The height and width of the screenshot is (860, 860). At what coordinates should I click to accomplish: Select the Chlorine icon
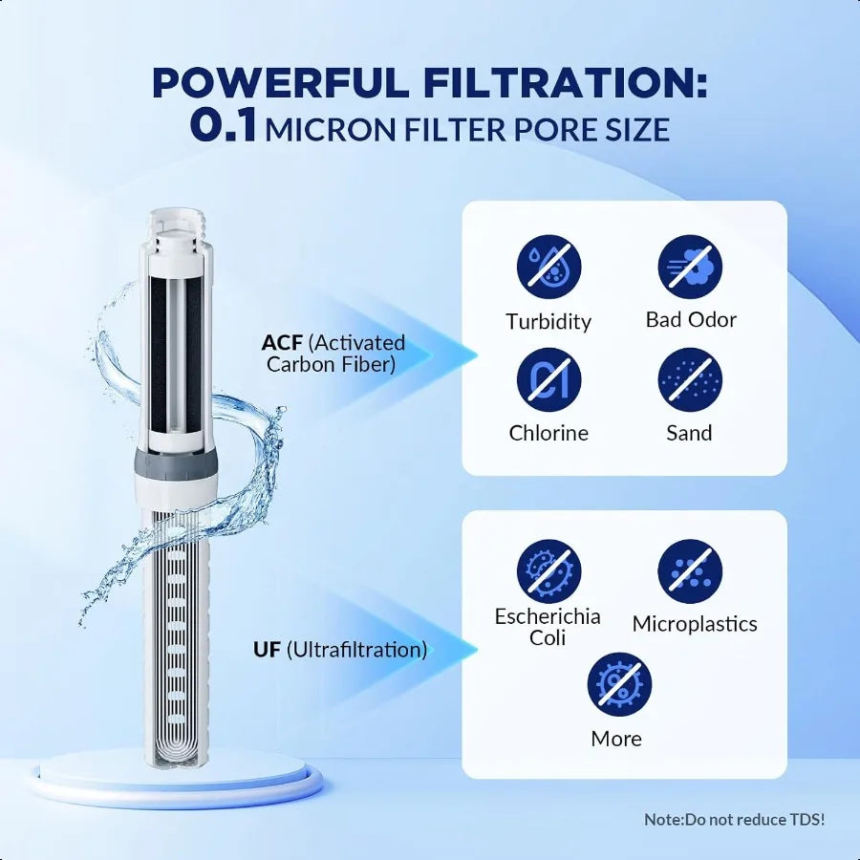click(548, 379)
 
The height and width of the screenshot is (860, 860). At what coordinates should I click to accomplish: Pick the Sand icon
click(690, 379)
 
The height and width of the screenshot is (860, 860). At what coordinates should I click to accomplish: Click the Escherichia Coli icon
click(548, 570)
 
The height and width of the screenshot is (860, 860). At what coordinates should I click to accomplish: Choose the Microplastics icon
click(690, 570)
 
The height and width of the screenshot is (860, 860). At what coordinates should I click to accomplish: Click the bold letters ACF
click(282, 343)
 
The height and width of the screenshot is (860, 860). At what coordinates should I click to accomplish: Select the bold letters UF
click(267, 650)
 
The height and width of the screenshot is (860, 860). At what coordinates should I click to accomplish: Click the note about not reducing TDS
click(734, 820)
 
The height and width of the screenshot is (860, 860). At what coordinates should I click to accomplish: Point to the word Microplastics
click(695, 624)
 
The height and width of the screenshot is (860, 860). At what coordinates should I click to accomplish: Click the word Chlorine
click(548, 433)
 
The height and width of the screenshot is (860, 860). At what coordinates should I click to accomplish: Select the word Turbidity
click(548, 321)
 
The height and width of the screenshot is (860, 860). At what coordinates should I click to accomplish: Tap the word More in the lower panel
click(616, 739)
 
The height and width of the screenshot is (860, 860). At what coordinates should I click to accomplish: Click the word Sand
click(690, 433)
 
